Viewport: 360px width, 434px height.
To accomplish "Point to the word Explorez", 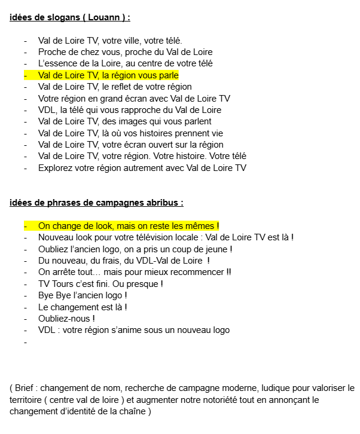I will [56, 168].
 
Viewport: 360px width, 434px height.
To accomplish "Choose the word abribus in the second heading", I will [161, 203].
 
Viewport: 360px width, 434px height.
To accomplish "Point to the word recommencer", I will [194, 272].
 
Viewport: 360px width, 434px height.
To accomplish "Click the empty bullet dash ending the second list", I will [26, 342].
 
